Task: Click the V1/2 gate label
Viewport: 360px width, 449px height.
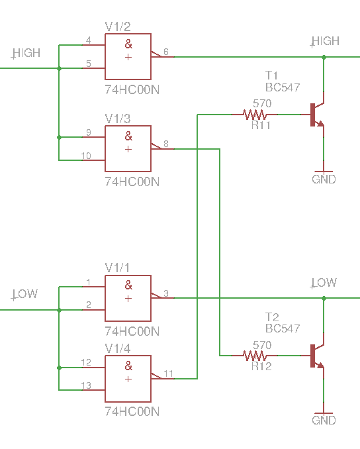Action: pos(118,26)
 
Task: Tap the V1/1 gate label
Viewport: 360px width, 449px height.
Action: pos(117,268)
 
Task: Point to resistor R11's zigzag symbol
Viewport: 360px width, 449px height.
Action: pos(255,115)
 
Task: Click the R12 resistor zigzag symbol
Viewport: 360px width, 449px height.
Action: pos(255,356)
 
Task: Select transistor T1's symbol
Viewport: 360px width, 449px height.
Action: pos(317,115)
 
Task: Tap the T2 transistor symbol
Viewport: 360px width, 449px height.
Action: pos(317,356)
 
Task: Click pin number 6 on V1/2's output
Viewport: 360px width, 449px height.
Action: pos(166,52)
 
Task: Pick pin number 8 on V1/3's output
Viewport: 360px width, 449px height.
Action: pos(166,144)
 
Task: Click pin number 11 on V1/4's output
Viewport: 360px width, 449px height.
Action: pos(168,374)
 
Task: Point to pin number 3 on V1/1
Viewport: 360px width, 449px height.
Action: pos(166,293)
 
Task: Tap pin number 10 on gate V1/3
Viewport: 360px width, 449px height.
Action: pos(86,156)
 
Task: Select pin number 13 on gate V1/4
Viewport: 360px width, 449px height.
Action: pos(86,385)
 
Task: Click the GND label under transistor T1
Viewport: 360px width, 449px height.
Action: pos(324,179)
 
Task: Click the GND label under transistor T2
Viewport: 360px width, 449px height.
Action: pos(324,421)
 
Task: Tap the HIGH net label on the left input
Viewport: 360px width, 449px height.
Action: pos(26,53)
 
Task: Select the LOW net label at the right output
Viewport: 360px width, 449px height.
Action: pos(324,283)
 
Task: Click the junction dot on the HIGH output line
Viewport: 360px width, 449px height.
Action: pos(324,57)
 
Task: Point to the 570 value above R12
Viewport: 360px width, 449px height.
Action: pos(262,345)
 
